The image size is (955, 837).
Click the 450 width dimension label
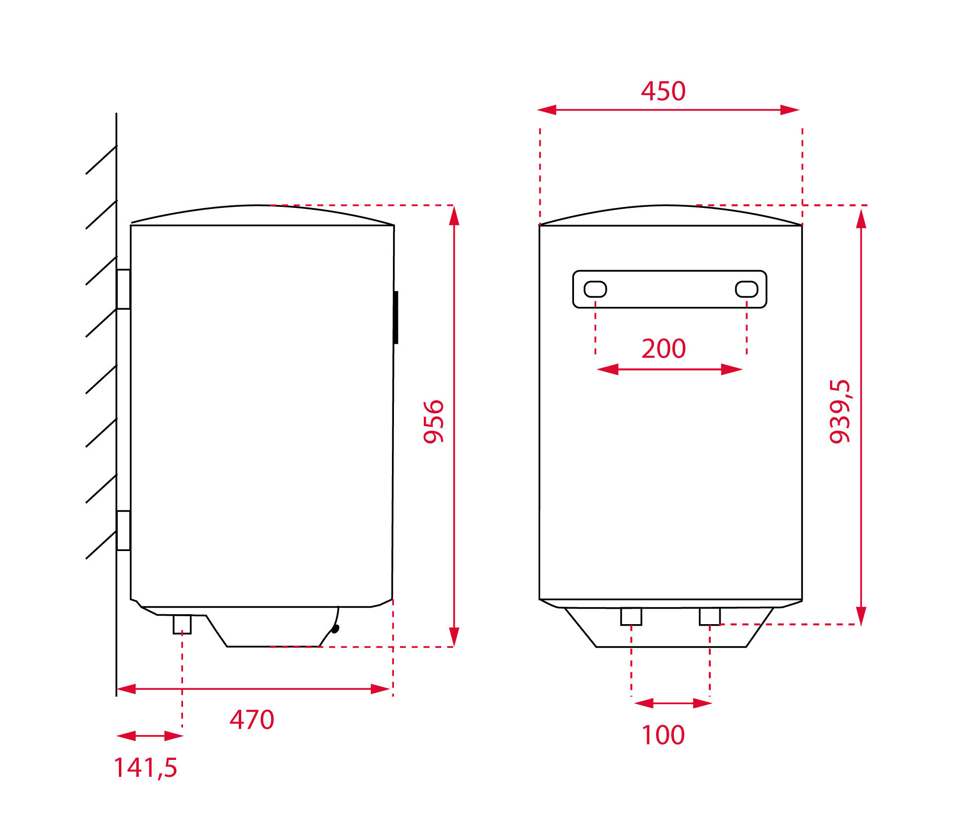[x=663, y=91]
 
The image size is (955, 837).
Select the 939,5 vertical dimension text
[x=841, y=411]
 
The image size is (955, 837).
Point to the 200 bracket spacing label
[x=664, y=348]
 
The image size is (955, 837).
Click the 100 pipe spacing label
[x=663, y=735]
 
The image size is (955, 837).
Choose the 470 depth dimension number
[x=252, y=720]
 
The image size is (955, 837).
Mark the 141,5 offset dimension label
[x=145, y=767]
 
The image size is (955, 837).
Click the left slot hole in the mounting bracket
[x=595, y=289]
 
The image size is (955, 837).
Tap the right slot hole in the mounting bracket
[x=747, y=289]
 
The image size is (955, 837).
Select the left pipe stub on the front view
[x=631, y=617]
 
